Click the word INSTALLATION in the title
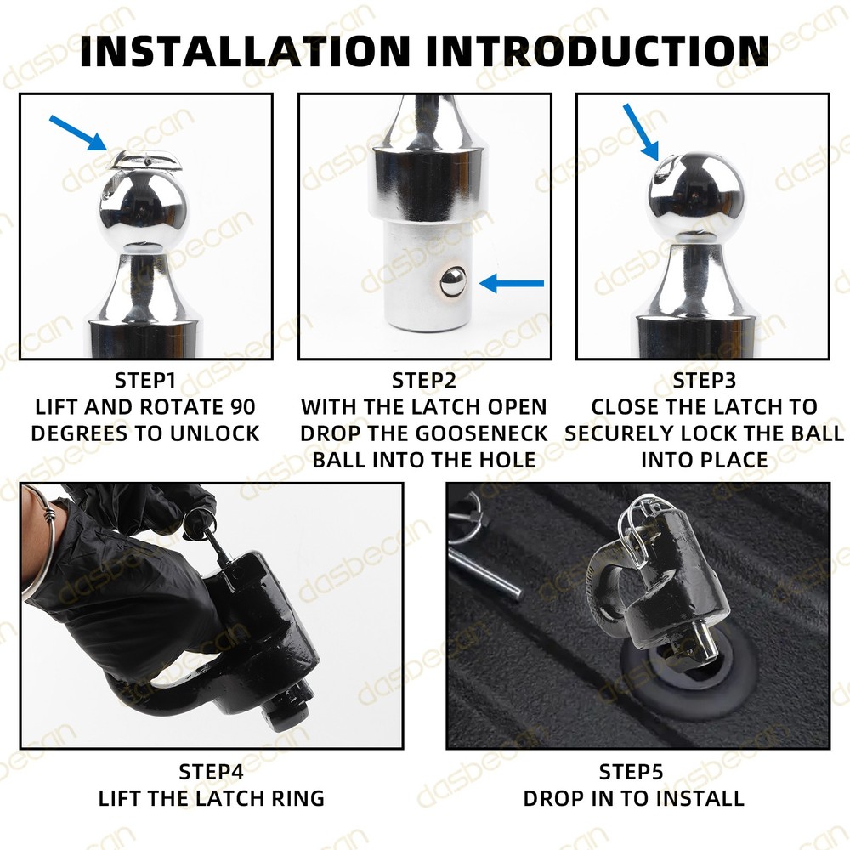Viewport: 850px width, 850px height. click(245, 51)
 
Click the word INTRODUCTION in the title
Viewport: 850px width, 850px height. click(598, 51)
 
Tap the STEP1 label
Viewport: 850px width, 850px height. click(145, 381)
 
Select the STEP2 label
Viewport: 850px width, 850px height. click(424, 381)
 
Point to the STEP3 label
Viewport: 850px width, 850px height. click(704, 381)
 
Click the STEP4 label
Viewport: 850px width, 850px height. click(212, 772)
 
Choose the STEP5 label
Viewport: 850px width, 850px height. click(631, 772)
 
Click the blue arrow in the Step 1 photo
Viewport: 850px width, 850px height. click(77, 133)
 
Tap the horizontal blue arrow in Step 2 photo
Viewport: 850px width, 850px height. click(512, 283)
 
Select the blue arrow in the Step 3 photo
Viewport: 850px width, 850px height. click(641, 133)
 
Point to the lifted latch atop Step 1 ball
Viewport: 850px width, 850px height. click(146, 160)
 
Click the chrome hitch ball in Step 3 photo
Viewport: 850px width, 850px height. click(696, 196)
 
